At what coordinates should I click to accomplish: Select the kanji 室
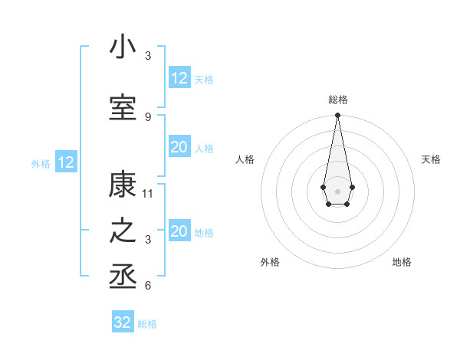click(x=123, y=108)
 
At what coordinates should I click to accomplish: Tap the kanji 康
click(x=123, y=184)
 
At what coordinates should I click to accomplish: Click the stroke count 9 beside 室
click(x=148, y=116)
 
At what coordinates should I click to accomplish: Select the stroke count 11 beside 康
click(x=148, y=193)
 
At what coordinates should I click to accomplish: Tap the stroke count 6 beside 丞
click(x=148, y=286)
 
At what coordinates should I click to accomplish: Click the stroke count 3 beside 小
click(x=148, y=55)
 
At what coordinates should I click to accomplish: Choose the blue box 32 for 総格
click(x=123, y=322)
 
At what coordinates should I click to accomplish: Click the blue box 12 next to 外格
click(x=66, y=162)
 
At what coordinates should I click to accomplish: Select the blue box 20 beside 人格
click(x=179, y=147)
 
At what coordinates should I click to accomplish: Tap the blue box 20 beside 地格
click(x=179, y=231)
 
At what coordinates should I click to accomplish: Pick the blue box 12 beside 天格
click(x=179, y=78)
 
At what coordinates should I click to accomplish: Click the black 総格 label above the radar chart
click(x=338, y=100)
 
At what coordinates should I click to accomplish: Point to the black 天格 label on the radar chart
click(x=431, y=159)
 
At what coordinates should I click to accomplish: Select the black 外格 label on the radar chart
click(x=270, y=262)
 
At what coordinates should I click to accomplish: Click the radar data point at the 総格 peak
click(x=337, y=116)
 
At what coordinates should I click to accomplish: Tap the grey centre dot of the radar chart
click(x=337, y=190)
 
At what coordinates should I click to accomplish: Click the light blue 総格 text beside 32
click(x=147, y=324)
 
